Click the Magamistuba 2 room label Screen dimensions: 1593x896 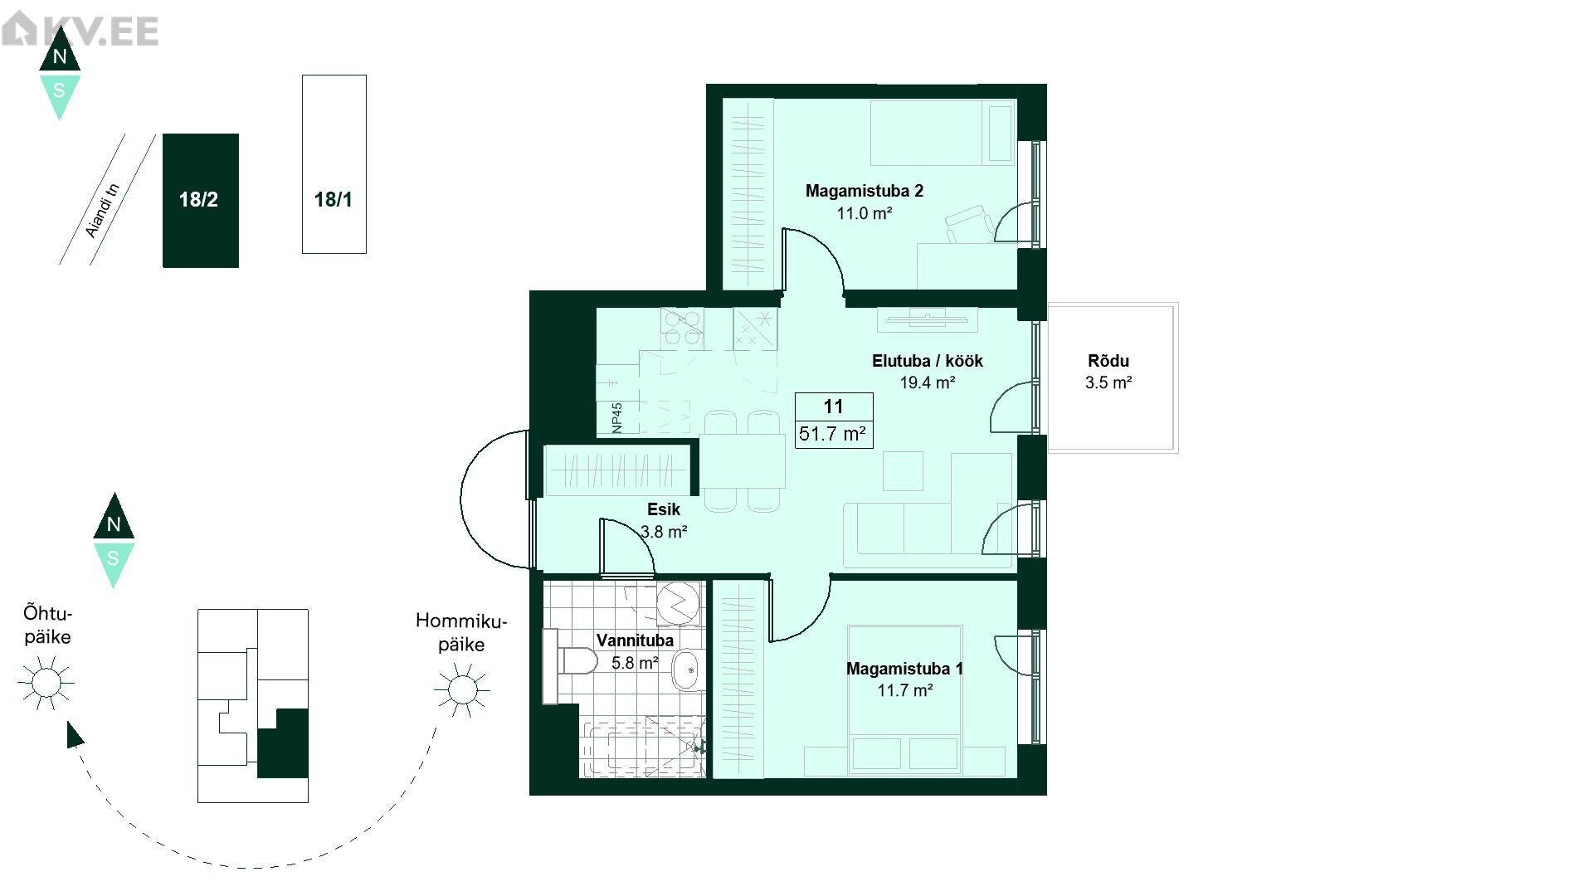tap(865, 191)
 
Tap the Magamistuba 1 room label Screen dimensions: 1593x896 tap(904, 669)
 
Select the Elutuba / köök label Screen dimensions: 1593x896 tap(928, 361)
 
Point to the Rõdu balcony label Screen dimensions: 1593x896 tap(1108, 361)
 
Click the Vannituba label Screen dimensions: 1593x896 tap(635, 640)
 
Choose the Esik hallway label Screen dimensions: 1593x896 tap(664, 509)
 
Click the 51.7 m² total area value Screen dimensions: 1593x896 tap(833, 433)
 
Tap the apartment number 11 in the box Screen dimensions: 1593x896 tap(834, 407)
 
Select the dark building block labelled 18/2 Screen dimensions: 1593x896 tap(201, 201)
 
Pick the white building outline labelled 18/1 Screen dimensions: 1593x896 tap(334, 164)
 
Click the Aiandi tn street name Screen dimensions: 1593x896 tap(103, 211)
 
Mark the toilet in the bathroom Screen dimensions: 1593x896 tap(570, 661)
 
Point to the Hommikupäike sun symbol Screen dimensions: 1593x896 tap(462, 689)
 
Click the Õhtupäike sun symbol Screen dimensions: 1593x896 tap(46, 683)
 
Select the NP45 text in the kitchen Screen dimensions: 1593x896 tap(617, 418)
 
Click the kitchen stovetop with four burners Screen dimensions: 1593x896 tap(683, 329)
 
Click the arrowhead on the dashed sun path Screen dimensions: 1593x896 tap(74, 734)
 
